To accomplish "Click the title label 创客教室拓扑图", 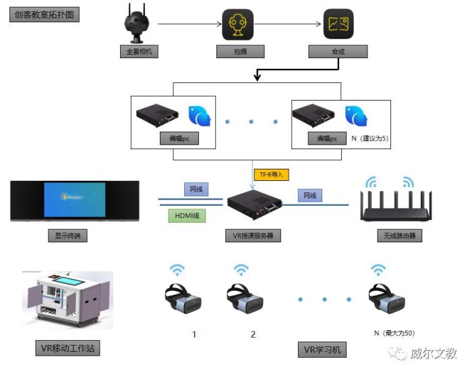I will click(44, 14).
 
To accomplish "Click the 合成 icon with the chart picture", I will click(338, 24).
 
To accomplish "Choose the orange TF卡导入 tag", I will click(272, 174).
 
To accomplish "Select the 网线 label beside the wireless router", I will click(309, 195).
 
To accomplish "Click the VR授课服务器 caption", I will click(253, 236).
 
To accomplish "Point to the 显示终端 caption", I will click(67, 236).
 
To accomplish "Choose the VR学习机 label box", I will click(322, 350).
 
